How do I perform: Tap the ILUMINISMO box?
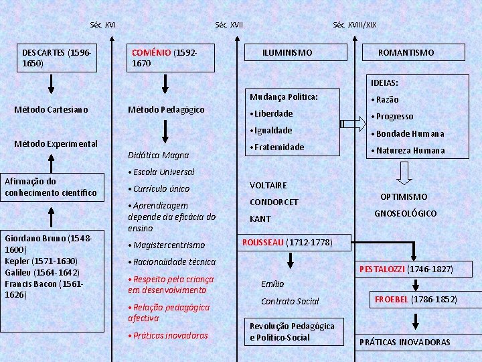coord(287,52)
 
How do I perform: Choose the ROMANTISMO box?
coord(406,52)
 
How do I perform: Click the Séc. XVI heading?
coord(102,25)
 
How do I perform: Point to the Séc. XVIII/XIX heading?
coord(354,25)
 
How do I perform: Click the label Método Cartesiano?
coord(51,109)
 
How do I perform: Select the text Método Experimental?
coord(56,143)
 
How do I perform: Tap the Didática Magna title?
coord(158,155)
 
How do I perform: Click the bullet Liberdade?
coord(272,113)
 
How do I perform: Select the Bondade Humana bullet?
coord(410,133)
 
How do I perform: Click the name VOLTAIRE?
coord(268,185)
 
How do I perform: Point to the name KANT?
coord(260,219)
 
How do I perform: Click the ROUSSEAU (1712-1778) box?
coord(287,242)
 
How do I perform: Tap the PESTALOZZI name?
coord(382,269)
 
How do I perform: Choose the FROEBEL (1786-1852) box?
coord(415,299)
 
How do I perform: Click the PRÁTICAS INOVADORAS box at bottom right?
coord(404,342)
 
